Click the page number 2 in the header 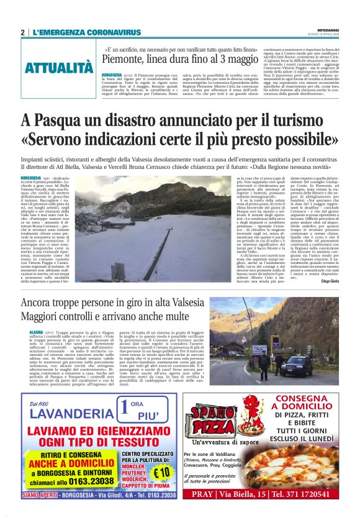tap(22, 32)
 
